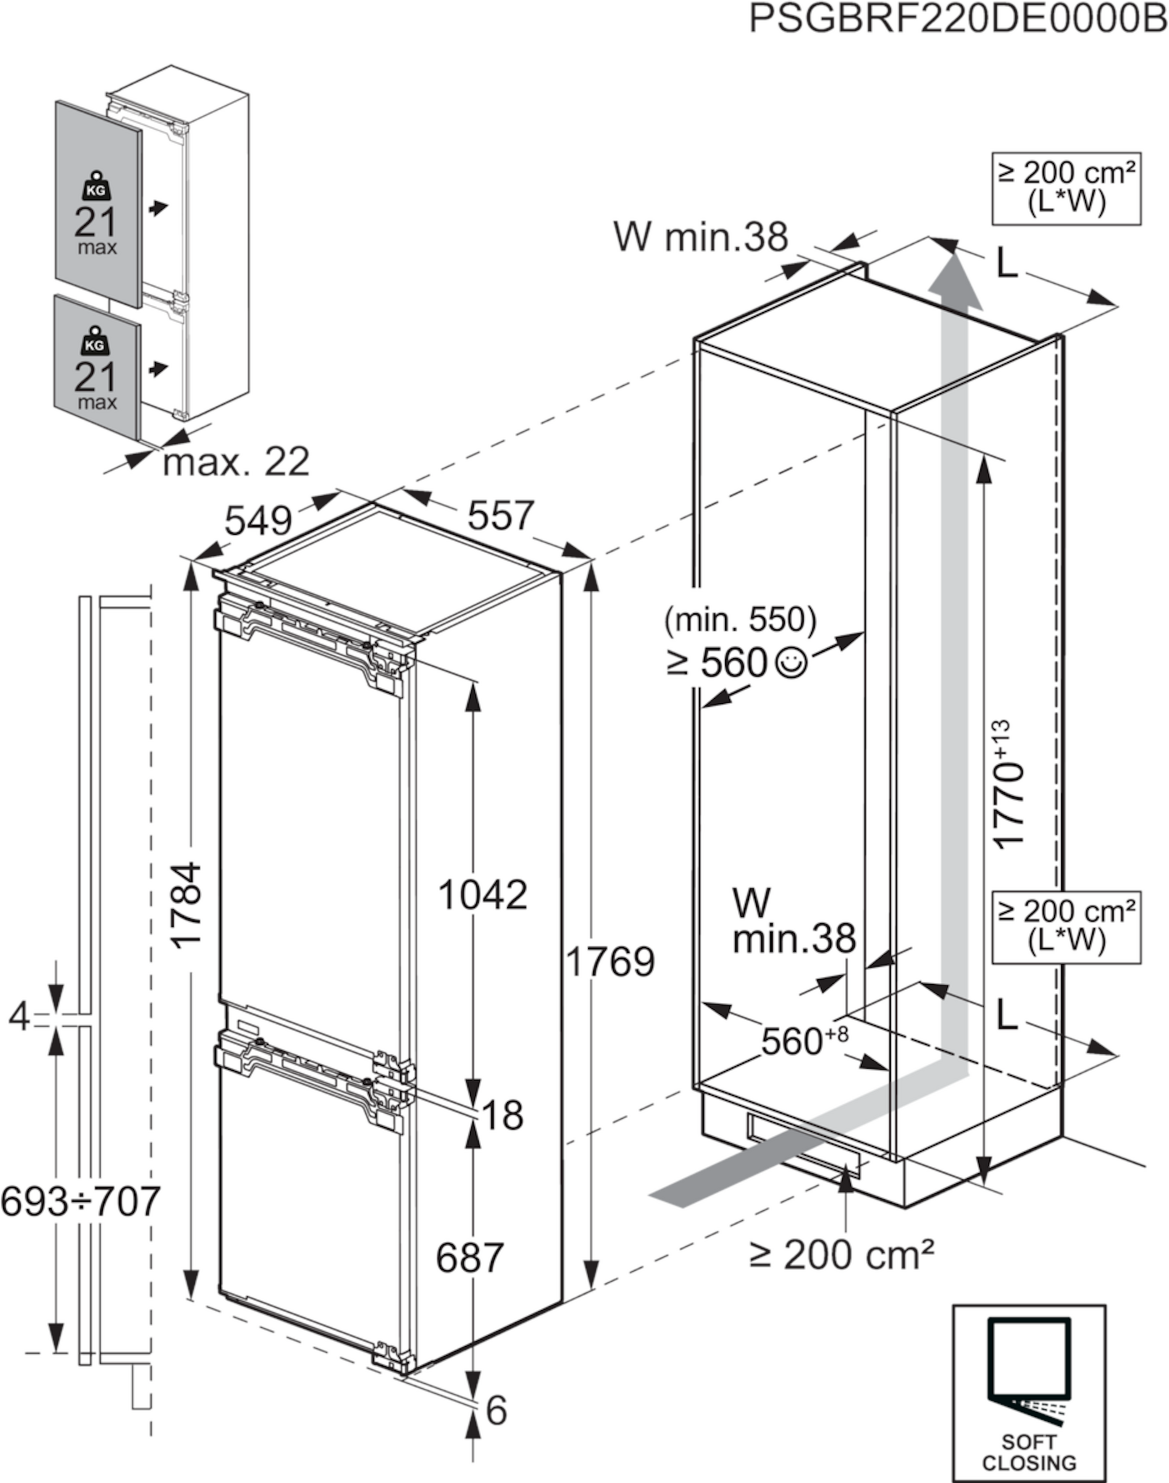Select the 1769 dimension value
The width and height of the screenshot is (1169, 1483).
tap(609, 962)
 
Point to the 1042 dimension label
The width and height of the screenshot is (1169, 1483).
tap(482, 895)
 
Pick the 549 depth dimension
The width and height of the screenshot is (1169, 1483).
tap(258, 519)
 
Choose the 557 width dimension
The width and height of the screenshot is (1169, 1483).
tap(500, 516)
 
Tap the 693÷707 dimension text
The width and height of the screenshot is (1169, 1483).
tap(80, 1201)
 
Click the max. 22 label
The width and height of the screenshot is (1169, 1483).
tap(236, 461)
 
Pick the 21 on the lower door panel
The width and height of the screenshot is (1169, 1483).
tap(95, 377)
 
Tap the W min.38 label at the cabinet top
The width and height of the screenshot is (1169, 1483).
tap(700, 236)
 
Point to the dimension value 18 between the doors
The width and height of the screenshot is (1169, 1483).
tap(502, 1115)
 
